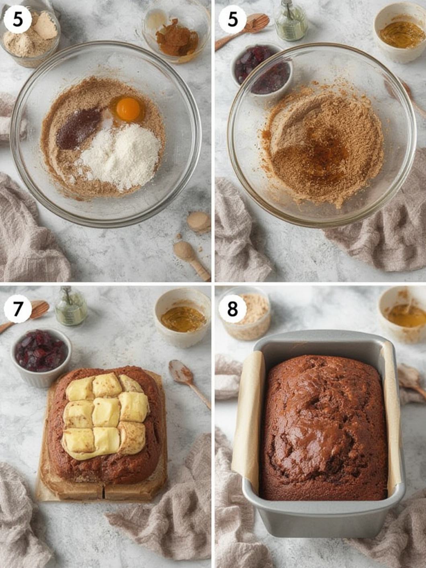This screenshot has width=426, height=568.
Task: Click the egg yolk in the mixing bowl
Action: tap(128, 109)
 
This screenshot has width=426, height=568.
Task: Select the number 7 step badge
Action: tap(18, 309)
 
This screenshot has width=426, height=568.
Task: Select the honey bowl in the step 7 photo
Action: tap(183, 318)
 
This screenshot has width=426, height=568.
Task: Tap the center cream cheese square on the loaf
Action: tap(106, 411)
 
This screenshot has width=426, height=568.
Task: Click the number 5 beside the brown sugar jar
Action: tap(18, 20)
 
